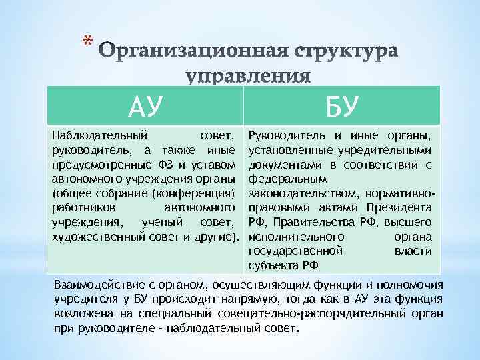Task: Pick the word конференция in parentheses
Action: pos(194,193)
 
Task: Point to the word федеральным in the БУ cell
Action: pos(287,179)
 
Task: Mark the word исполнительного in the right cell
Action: pos(296,237)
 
